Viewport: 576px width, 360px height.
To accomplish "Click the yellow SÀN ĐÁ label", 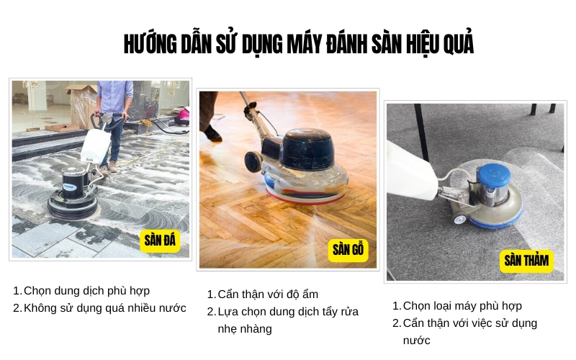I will click(x=159, y=240).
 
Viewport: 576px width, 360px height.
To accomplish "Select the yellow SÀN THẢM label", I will click(x=526, y=261).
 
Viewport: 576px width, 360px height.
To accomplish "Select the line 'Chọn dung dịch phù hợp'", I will click(x=86, y=291).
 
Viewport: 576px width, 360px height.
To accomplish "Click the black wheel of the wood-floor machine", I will click(x=253, y=161).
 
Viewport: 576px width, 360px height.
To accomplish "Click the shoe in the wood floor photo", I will click(x=212, y=133).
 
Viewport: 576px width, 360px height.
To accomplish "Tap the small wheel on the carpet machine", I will click(x=459, y=219).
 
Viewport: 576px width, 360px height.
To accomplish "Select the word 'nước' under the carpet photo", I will click(x=416, y=340).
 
